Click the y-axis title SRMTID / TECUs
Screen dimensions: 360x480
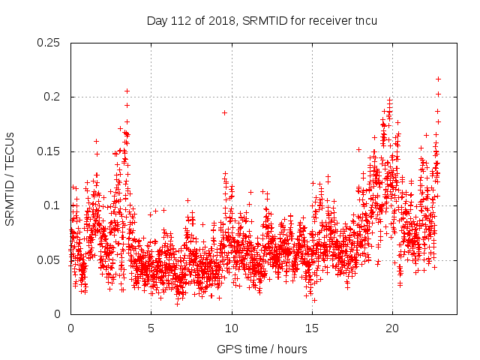[10, 178]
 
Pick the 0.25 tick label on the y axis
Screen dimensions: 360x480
[49, 43]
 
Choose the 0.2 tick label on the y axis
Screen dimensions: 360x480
[52, 97]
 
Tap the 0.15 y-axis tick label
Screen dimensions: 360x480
[49, 151]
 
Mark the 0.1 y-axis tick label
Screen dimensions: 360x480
[52, 205]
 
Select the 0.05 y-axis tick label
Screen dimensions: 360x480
[49, 260]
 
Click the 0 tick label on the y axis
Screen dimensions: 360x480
[58, 314]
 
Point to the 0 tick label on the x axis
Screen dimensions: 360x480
[70, 328]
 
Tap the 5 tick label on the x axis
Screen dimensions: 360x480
[151, 328]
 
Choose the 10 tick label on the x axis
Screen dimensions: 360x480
[232, 328]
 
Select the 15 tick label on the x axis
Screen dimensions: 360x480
[312, 328]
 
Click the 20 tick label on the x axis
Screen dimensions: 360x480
[392, 328]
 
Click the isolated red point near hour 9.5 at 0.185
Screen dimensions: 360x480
[224, 112]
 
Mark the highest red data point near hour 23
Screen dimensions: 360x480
[438, 79]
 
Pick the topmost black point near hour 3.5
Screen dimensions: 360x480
[127, 91]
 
